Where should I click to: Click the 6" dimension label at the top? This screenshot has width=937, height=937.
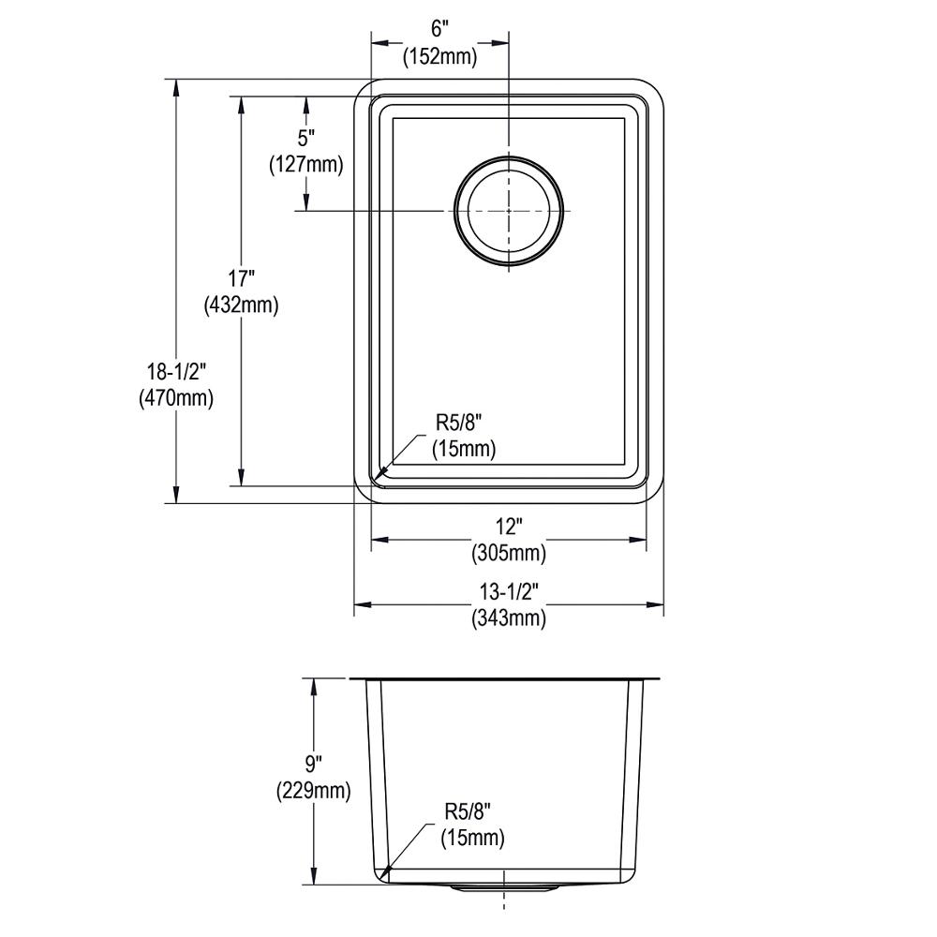[439, 29]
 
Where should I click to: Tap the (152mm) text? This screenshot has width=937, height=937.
[439, 57]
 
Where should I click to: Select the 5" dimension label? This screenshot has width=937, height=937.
[306, 139]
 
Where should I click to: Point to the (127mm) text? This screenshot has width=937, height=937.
[306, 164]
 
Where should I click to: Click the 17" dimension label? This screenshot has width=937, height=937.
[241, 278]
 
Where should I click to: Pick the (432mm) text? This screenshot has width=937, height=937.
[241, 305]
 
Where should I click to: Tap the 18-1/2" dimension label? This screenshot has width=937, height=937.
[176, 372]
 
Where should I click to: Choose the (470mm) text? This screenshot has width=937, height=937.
[176, 398]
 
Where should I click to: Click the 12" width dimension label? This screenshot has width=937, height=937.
[509, 527]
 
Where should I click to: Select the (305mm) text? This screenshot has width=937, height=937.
[509, 554]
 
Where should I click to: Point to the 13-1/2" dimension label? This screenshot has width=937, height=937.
[509, 591]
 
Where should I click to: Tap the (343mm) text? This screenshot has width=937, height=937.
[509, 617]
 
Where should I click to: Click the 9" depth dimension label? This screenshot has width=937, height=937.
[313, 765]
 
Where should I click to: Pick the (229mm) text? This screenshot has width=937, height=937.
[313, 791]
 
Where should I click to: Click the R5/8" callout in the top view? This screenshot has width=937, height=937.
[458, 424]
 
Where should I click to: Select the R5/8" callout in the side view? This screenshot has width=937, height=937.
[468, 811]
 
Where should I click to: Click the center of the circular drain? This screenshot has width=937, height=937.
[509, 210]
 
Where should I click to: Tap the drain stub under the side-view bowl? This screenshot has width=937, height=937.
[505, 888]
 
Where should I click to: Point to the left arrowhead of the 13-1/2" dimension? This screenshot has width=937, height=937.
[363, 604]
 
